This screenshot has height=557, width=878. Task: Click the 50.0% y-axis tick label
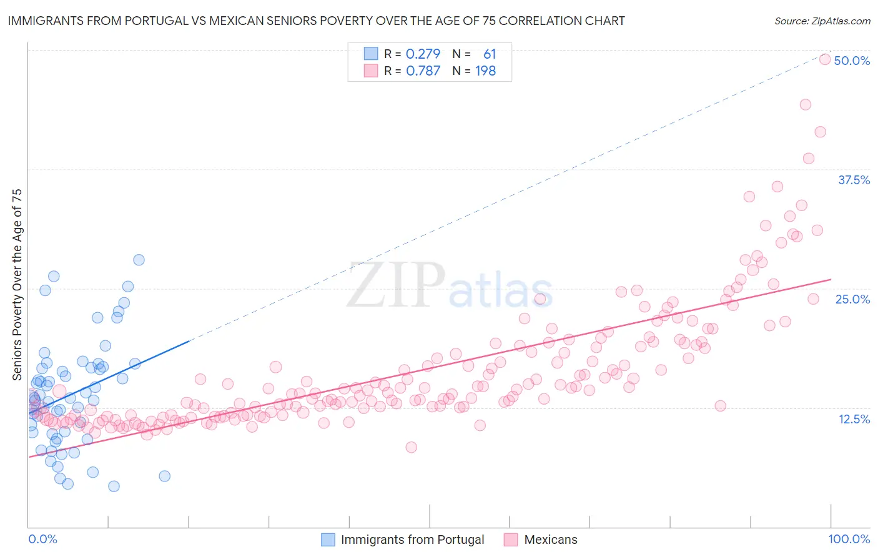pos(852,61)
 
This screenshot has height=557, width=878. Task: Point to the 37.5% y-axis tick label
pos(854,180)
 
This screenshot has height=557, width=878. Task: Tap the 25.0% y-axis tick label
pos(852,299)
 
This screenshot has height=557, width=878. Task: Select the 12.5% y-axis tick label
pos(854,419)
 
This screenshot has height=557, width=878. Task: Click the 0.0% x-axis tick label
pos(42,539)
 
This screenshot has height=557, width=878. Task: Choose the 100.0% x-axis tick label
pos(849,539)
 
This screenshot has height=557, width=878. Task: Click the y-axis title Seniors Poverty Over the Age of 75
pos(17,285)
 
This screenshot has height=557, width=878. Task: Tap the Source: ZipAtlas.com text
pos(822,21)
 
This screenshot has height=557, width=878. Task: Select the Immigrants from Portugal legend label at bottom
pos(412,540)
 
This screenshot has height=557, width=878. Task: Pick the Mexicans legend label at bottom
pos(550,540)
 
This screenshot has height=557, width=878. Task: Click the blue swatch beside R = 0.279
pos(371,54)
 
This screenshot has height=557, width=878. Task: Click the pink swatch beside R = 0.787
pos(371,71)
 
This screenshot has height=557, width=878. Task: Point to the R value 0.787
pos(423,71)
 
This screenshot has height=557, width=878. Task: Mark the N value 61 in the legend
pos(489,54)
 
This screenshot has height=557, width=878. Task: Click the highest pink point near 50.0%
pos(824,59)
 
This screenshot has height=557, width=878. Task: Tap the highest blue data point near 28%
pos(139,260)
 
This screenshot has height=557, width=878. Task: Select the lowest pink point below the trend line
pos(411,447)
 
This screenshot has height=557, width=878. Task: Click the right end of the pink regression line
pos(831,280)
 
